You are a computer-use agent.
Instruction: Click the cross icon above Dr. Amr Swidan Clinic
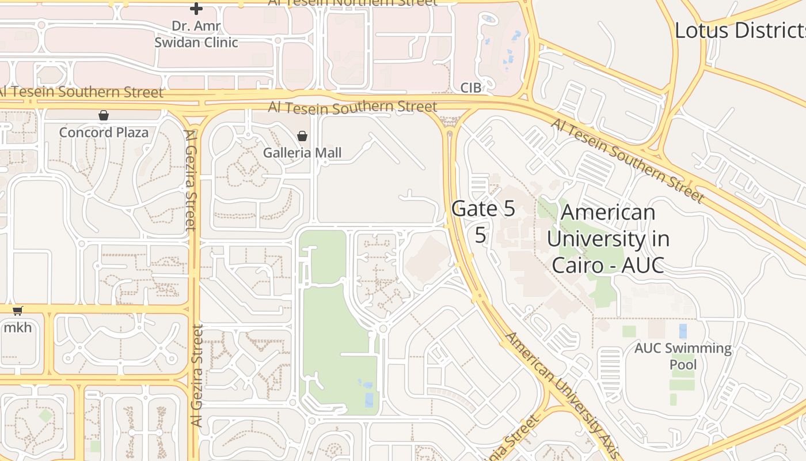pos(196,9)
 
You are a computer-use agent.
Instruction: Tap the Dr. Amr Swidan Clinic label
pos(196,34)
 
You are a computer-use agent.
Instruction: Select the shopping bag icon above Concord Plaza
pos(104,116)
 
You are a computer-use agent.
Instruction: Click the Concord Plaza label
pos(104,133)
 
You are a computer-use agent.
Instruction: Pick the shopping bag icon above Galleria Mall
pos(302,136)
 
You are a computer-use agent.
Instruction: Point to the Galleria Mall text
pos(302,153)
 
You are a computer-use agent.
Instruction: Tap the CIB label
pos(470,88)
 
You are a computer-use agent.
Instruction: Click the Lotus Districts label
pos(740,31)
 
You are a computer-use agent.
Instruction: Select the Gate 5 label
pos(483,209)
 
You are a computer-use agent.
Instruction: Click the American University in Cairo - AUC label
pos(607,239)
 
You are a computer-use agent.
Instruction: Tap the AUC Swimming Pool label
pos(683,356)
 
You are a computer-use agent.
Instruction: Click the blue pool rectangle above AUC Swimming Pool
pos(683,331)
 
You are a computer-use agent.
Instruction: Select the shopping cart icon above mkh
pos(18,311)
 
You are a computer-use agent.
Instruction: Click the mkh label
pos(17,328)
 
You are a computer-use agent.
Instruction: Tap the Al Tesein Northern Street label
pos(352,2)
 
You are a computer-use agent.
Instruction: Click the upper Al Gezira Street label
pos(191,180)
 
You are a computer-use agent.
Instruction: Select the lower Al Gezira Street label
pos(197,376)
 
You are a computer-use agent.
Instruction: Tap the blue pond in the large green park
pos(368,399)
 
